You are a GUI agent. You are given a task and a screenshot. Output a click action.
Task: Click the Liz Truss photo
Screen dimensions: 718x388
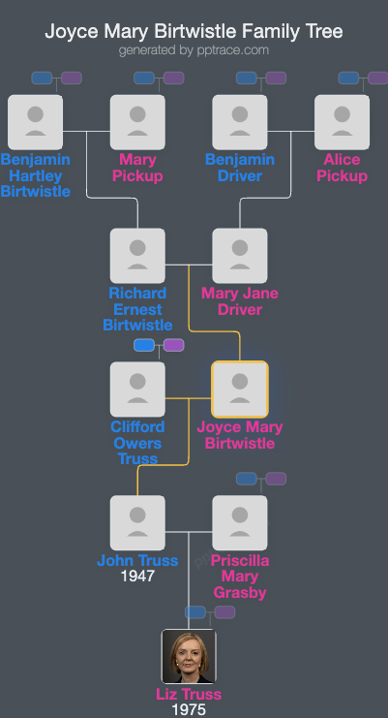coord(189,656)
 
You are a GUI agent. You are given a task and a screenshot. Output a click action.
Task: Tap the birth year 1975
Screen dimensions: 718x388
coord(189,710)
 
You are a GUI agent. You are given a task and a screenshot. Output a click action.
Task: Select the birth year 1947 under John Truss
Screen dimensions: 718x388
coord(137,577)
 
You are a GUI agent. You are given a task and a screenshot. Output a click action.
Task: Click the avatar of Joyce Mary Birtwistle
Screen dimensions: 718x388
coord(239,390)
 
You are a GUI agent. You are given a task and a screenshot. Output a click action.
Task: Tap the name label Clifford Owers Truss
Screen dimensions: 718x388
coord(137,443)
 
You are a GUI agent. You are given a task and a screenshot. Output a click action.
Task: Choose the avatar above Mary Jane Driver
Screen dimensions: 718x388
coord(239,256)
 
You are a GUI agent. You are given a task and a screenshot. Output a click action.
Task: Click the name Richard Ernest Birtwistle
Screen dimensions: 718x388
coord(137,309)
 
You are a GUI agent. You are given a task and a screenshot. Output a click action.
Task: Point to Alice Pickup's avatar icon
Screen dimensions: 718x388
coord(342,122)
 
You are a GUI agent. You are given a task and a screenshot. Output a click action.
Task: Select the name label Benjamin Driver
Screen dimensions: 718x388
coord(239,168)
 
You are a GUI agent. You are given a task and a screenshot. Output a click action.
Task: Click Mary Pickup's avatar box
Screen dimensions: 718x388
coord(137,122)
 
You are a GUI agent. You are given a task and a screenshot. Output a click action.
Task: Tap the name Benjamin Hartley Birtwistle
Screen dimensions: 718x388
coord(36,175)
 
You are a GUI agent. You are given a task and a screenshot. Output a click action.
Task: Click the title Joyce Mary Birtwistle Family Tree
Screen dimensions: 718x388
coord(194,32)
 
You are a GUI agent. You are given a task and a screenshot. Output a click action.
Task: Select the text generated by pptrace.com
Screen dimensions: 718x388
coord(194,49)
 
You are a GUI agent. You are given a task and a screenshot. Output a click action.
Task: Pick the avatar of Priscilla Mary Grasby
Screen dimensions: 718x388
coord(239,523)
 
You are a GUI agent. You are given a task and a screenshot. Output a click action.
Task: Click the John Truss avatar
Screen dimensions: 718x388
coord(137,523)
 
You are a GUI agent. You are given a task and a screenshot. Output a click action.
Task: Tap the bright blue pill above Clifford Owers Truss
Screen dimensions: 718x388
coord(144,345)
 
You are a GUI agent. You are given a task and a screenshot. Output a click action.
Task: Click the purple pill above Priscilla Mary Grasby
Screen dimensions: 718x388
coord(276,479)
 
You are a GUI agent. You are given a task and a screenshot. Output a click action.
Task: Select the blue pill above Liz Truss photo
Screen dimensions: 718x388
coord(195,612)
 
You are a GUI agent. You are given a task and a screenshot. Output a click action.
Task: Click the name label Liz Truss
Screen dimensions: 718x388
coord(189,694)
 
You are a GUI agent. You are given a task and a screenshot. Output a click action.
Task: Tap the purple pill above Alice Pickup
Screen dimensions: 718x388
coord(377,78)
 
